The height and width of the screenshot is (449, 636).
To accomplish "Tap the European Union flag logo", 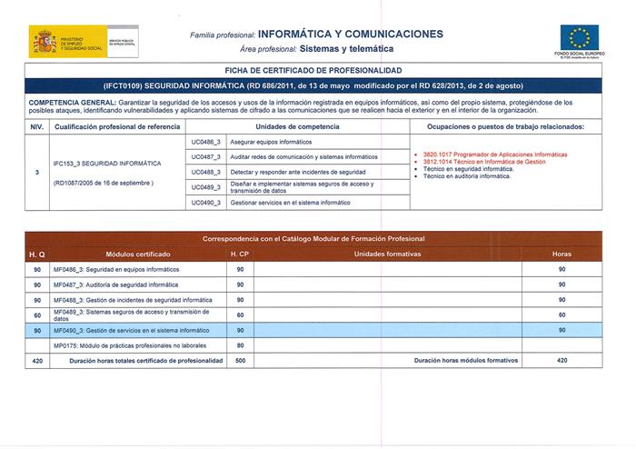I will tap(578, 38).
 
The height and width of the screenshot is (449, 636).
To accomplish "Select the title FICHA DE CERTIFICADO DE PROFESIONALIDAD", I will tap(314, 70).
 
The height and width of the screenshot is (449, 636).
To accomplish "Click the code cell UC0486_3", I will tap(206, 143).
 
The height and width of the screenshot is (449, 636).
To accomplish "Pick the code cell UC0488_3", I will tap(206, 172).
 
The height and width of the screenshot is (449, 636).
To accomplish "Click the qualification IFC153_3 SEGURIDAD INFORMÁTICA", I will tap(106, 164).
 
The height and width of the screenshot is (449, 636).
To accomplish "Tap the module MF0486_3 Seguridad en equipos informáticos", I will tap(116, 270).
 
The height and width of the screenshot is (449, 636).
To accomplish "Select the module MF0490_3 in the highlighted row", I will tap(119, 330).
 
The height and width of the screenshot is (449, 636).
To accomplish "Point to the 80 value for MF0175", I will tap(241, 345).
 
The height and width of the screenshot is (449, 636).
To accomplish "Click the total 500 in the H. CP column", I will tap(241, 361).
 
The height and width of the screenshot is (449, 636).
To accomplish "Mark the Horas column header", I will tap(561, 254).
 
